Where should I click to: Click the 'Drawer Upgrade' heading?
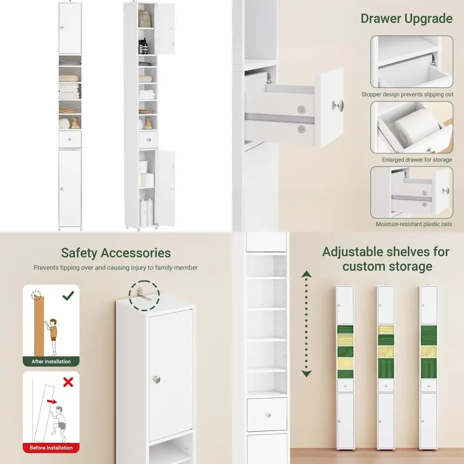[406, 19]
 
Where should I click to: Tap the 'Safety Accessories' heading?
[116, 253]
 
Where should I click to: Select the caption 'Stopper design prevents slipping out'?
[407, 95]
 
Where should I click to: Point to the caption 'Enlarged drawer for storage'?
[410, 160]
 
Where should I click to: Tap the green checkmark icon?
[68, 295]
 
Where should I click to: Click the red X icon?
[68, 382]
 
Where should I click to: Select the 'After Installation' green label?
[51, 361]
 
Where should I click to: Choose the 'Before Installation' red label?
[51, 448]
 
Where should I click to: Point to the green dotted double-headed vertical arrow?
[306, 325]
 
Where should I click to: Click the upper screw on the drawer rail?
[302, 110]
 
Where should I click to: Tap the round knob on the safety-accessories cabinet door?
[156, 380]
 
